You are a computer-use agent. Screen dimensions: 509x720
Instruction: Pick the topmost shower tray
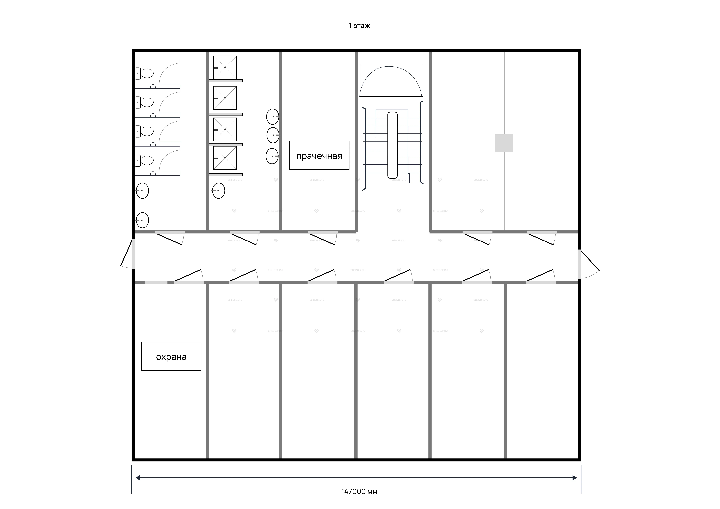pyautogui.click(x=225, y=67)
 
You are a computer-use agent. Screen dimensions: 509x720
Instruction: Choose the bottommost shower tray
pyautogui.click(x=225, y=158)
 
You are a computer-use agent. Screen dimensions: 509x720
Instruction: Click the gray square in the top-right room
pyautogui.click(x=504, y=143)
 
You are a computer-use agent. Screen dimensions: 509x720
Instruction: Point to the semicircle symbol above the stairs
pyautogui.click(x=391, y=81)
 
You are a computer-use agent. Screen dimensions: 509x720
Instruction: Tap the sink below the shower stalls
pyautogui.click(x=219, y=191)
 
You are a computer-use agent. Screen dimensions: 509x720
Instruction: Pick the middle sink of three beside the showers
pyautogui.click(x=273, y=135)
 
